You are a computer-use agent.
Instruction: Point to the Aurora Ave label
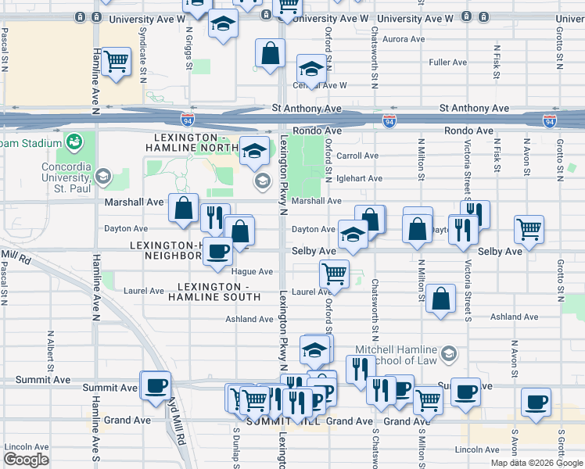click(404, 39)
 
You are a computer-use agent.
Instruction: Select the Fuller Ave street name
click(448, 63)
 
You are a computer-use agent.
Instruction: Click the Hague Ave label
click(252, 271)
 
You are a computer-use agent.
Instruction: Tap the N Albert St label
click(49, 351)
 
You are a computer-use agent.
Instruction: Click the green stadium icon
click(75, 141)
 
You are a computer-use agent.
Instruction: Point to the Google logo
click(26, 460)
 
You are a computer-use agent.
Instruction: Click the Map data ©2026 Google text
click(536, 462)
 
